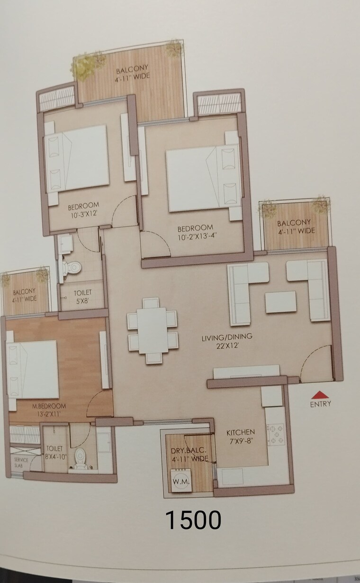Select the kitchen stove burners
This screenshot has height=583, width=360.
(276, 434)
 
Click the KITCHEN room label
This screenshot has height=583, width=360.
(240, 433)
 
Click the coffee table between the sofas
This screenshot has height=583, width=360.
(281, 302)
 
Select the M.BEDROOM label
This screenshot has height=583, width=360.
(49, 406)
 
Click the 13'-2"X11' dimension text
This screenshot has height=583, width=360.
(49, 414)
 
